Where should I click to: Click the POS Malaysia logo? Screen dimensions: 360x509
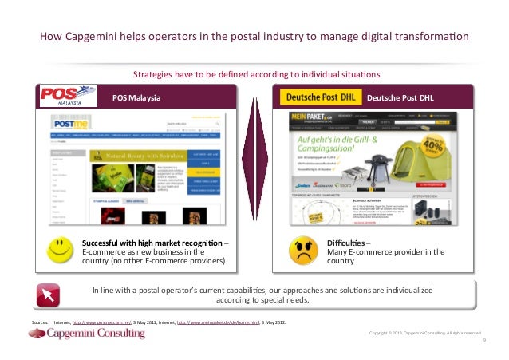[63, 97]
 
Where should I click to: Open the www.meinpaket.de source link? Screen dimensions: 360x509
[218, 322]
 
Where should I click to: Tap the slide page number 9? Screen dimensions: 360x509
[484, 338]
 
